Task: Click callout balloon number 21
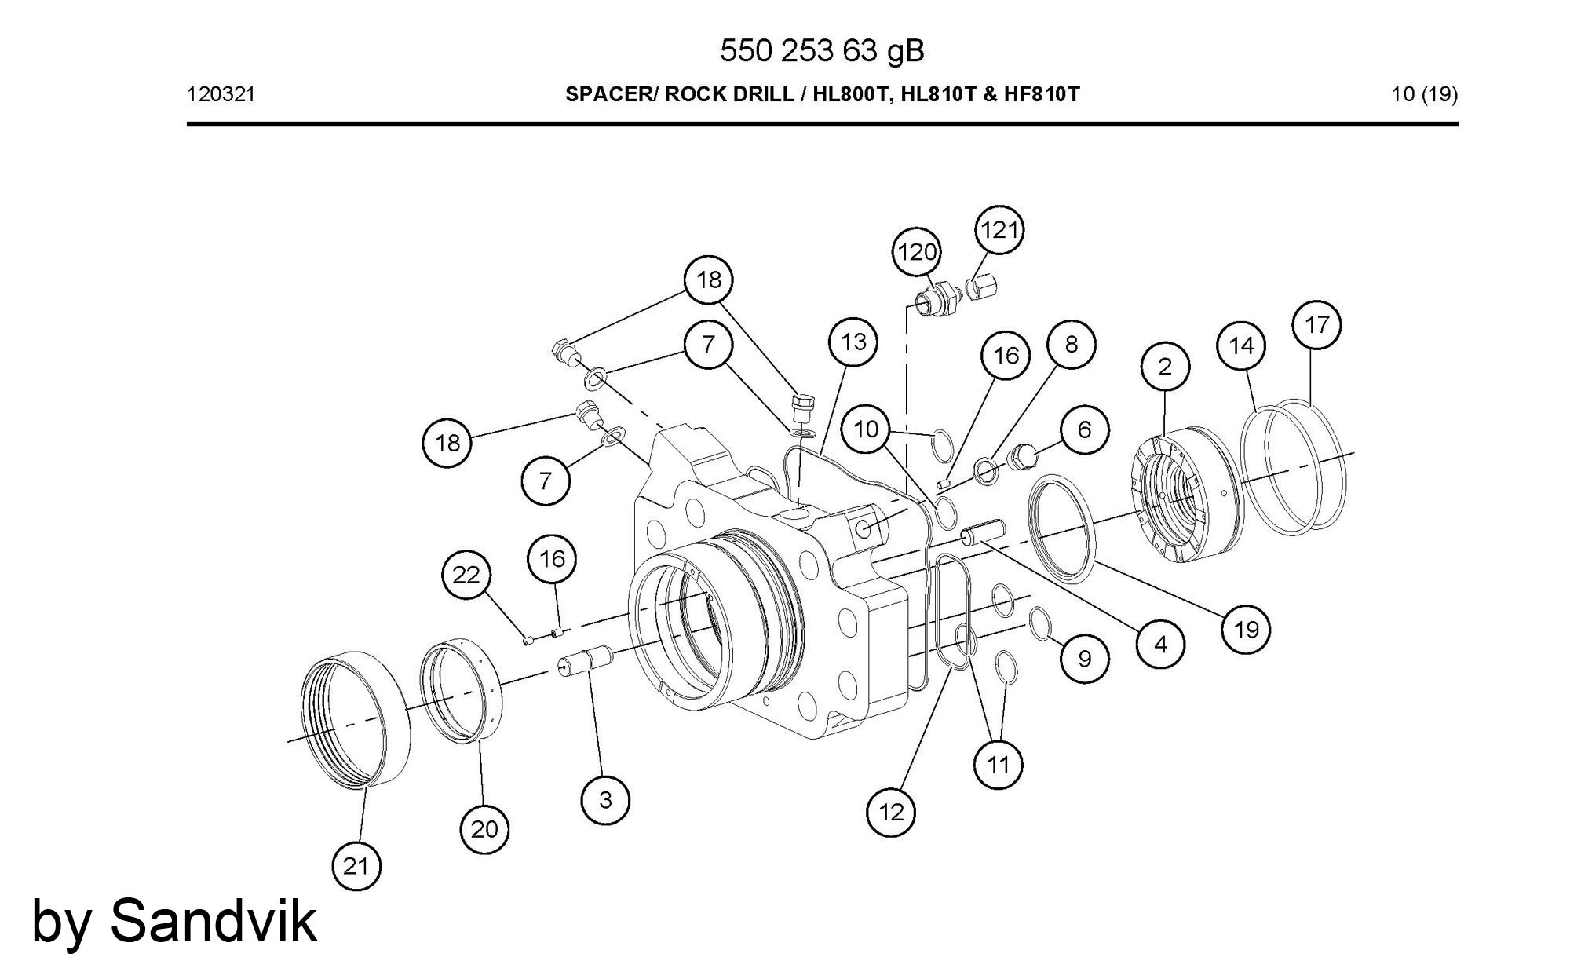[x=356, y=866]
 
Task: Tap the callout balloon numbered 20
[x=484, y=829]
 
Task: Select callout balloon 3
[x=605, y=800]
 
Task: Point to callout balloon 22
[x=466, y=575]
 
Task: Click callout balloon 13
[x=853, y=342]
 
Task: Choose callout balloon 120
[x=917, y=252]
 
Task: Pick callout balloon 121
[x=999, y=230]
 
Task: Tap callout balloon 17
[x=1316, y=324]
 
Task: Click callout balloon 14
[x=1241, y=345]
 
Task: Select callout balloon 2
[x=1165, y=366]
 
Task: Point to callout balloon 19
[x=1246, y=629]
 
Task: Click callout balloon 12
[x=892, y=812]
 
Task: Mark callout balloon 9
[x=1084, y=658]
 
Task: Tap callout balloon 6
[x=1084, y=429]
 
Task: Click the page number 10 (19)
[x=1424, y=95]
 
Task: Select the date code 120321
[x=221, y=95]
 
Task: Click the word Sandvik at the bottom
[x=214, y=919]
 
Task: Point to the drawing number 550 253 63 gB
[x=822, y=51]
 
